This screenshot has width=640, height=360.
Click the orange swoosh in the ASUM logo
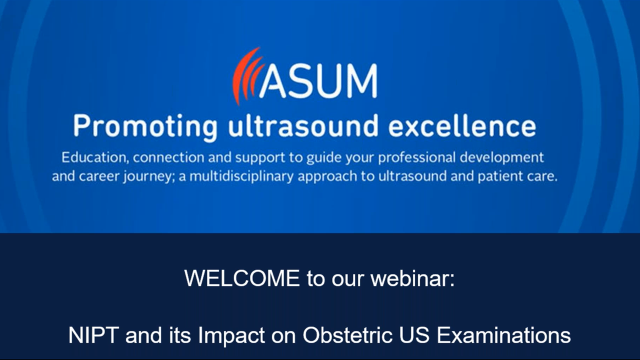[x=246, y=75]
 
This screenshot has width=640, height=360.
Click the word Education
[x=92, y=158]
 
